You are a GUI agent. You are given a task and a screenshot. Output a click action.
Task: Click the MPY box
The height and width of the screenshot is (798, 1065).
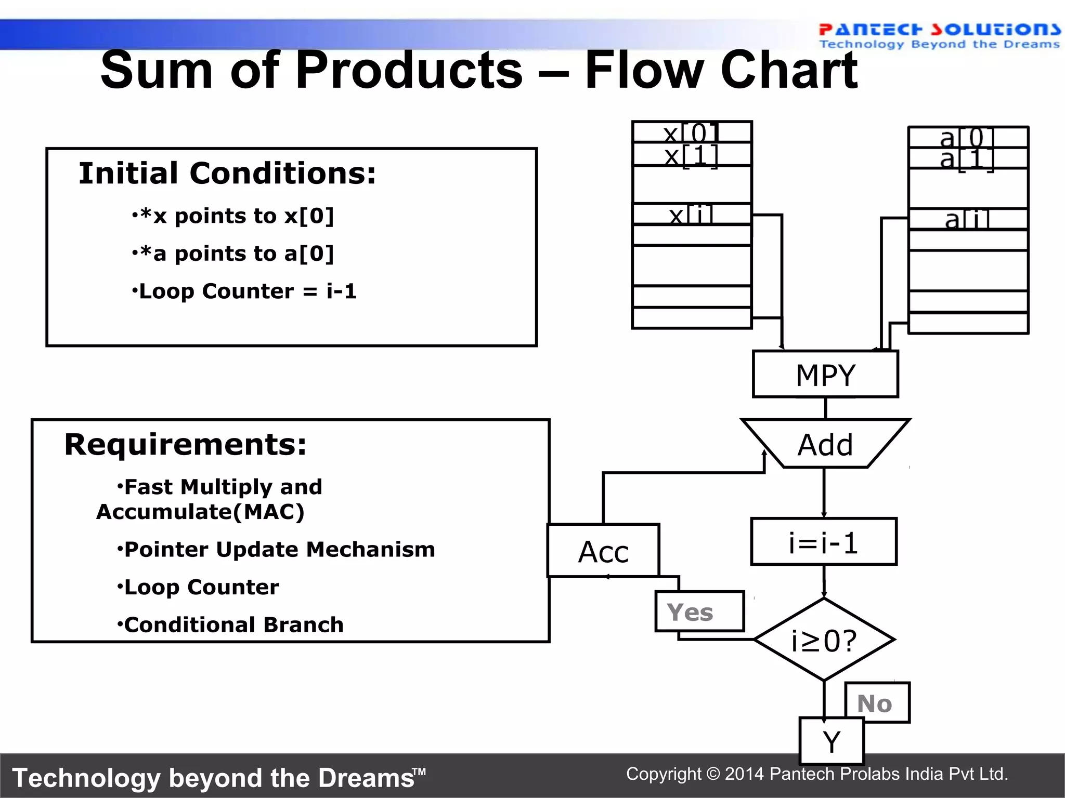coord(825,375)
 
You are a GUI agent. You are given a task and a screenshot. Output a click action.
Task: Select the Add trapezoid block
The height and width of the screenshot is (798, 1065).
coord(825,444)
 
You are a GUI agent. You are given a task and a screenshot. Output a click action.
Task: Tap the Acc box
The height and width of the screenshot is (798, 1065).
coord(603,551)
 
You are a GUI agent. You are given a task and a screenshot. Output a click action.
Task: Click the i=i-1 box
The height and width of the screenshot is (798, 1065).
coord(824,542)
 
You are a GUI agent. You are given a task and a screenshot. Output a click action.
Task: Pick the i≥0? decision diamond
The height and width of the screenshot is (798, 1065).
coord(824,640)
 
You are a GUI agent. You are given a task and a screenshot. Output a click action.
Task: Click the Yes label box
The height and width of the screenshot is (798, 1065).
coord(699,611)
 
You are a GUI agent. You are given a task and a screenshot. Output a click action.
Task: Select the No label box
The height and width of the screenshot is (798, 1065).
coord(877,703)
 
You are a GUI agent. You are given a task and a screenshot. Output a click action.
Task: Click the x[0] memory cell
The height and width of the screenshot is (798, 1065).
coord(692,132)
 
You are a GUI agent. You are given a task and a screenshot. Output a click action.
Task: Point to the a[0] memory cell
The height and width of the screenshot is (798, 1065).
coord(968,137)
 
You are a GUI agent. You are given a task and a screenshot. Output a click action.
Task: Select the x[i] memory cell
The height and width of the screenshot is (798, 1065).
coord(692,214)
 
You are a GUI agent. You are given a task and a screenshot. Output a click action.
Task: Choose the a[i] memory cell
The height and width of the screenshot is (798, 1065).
coord(968,219)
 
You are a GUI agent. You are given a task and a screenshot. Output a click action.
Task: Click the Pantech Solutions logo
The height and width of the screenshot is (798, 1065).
coord(939,36)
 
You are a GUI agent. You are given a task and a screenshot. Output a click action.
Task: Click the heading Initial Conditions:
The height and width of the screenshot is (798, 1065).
coord(227,173)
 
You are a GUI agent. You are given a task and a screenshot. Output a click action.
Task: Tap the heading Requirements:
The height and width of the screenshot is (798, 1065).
coord(186,445)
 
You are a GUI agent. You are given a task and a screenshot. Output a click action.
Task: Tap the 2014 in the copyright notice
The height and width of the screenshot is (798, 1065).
coord(745,774)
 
